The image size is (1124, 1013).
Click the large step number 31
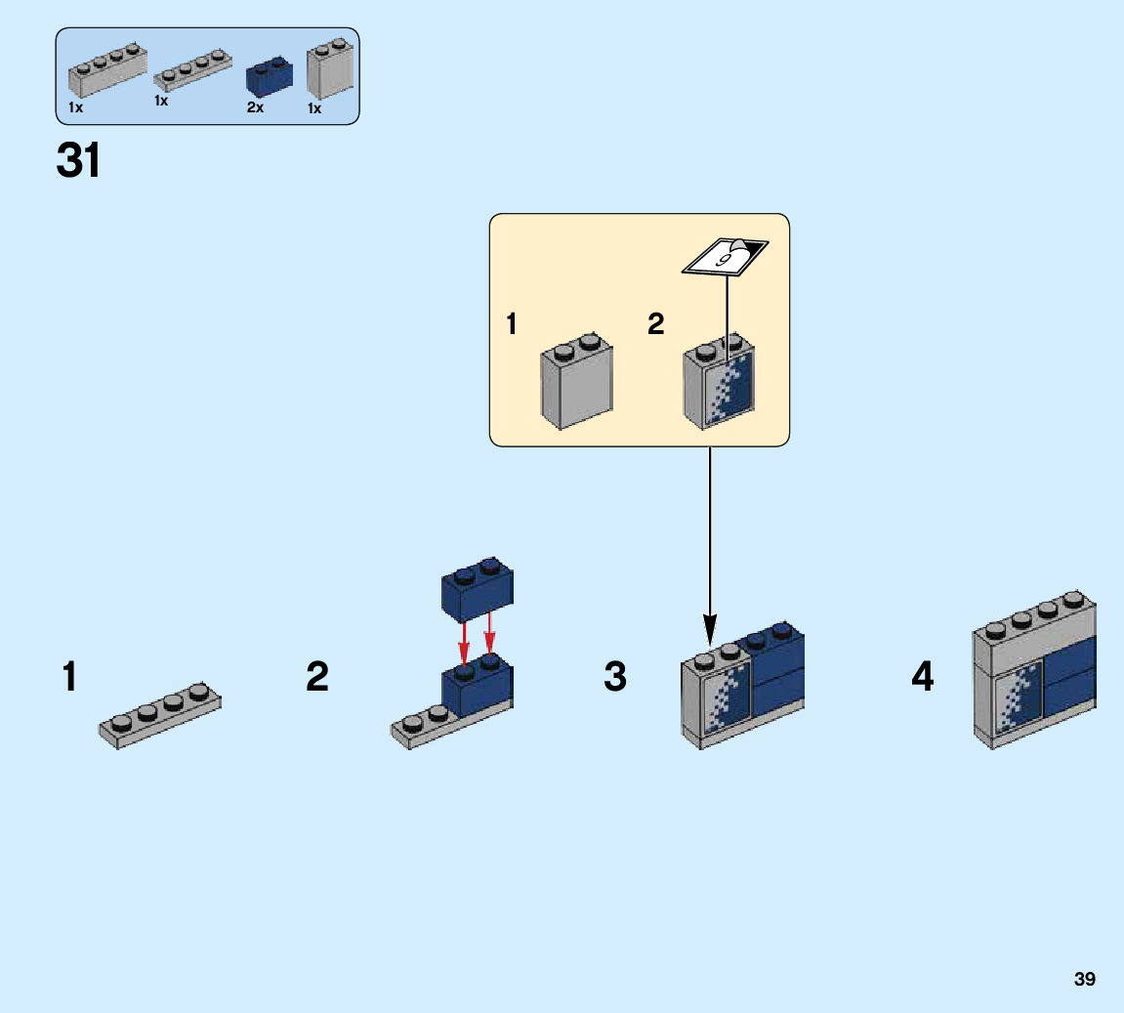pyautogui.click(x=79, y=161)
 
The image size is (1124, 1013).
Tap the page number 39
pyautogui.click(x=1084, y=979)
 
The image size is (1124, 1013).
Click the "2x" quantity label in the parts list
pyautogui.click(x=256, y=108)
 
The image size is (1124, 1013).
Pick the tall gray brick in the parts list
pyautogui.click(x=329, y=71)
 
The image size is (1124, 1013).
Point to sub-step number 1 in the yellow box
pyautogui.click(x=511, y=324)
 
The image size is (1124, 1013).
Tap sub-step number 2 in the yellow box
pyautogui.click(x=655, y=324)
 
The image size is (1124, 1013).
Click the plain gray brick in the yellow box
pyautogui.click(x=576, y=383)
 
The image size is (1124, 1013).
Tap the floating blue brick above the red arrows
pyautogui.click(x=478, y=591)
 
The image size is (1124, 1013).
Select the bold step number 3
pyautogui.click(x=615, y=677)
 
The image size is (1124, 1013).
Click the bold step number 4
pyautogui.click(x=923, y=677)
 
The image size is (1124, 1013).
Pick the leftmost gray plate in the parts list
pyautogui.click(x=107, y=72)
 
